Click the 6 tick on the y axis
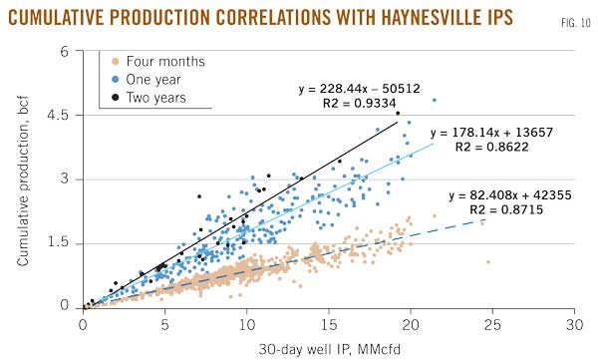click(x=67, y=51)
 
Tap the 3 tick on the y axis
click(x=67, y=179)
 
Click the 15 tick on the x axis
click(x=329, y=324)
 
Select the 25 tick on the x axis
click(x=492, y=324)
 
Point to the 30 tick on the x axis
click(x=574, y=324)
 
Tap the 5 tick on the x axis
click(x=164, y=324)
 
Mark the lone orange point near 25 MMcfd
click(x=487, y=262)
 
